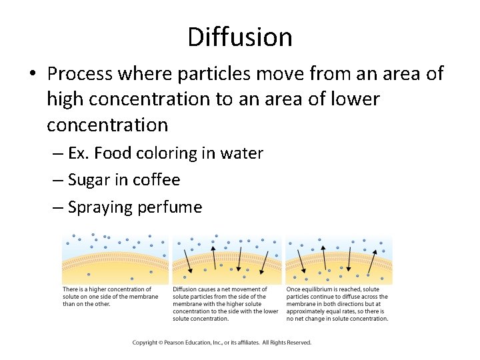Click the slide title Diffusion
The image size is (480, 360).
(240, 37)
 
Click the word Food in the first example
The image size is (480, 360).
(113, 153)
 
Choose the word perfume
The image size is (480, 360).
(170, 207)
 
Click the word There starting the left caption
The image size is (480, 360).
(70, 289)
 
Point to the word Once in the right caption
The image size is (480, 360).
(293, 289)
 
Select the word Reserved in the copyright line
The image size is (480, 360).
(297, 343)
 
